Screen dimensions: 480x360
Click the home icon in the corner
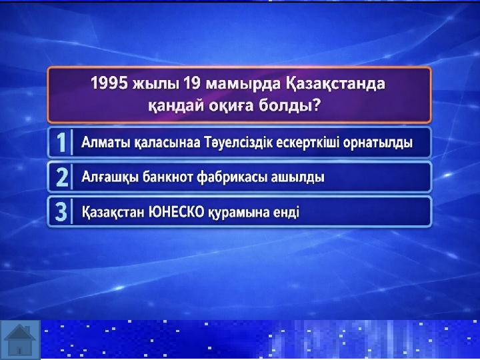20,339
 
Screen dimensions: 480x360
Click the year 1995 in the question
109,83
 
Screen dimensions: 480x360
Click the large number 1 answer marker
61,143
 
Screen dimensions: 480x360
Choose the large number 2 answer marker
62,177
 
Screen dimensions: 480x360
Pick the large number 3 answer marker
61,212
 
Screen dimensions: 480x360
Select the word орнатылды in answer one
378,143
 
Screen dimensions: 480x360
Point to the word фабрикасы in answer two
232,177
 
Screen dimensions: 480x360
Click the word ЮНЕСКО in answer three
176,212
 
